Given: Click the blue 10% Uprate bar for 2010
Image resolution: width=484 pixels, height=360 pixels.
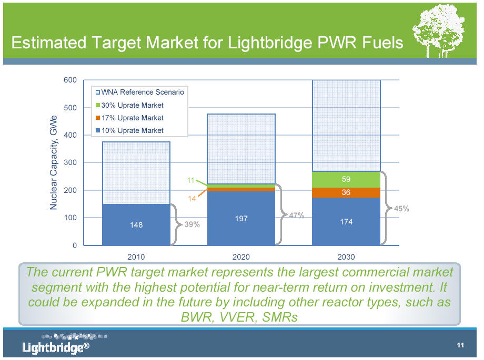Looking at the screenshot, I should pos(136,224).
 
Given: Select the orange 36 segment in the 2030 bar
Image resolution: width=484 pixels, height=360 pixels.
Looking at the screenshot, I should pos(346,192).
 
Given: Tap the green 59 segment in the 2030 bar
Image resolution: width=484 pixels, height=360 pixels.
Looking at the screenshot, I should pos(346,179).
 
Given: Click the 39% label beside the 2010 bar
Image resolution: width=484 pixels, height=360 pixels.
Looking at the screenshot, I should pos(192,224).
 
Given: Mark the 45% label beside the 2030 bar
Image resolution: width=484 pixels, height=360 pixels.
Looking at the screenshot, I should pos(401,209).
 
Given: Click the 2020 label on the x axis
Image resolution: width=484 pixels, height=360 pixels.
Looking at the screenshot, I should pos(241,257).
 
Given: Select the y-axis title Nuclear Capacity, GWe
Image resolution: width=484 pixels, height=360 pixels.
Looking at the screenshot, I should pos(53,163).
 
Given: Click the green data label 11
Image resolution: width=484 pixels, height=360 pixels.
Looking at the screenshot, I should pos(191,180).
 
